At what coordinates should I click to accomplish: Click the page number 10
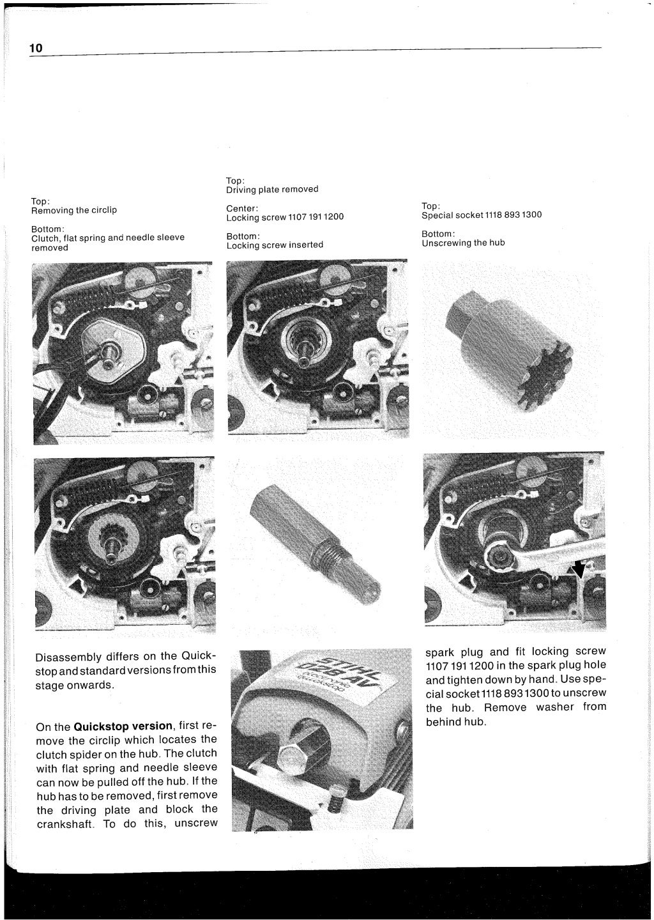click(x=36, y=49)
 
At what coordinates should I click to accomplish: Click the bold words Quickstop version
click(x=123, y=726)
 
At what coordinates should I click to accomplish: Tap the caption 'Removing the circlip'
click(x=74, y=210)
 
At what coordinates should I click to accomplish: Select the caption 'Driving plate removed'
click(x=272, y=189)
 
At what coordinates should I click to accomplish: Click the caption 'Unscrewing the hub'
click(x=463, y=243)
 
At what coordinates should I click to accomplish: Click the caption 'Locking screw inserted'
click(x=275, y=245)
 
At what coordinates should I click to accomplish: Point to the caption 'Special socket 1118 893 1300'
click(x=482, y=215)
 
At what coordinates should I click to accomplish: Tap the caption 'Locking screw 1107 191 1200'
click(x=285, y=217)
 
